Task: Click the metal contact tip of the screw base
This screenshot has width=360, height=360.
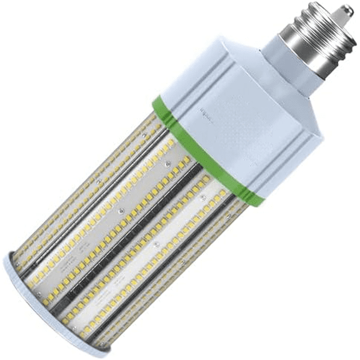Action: point(346,11)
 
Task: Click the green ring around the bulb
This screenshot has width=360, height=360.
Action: point(206,151)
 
